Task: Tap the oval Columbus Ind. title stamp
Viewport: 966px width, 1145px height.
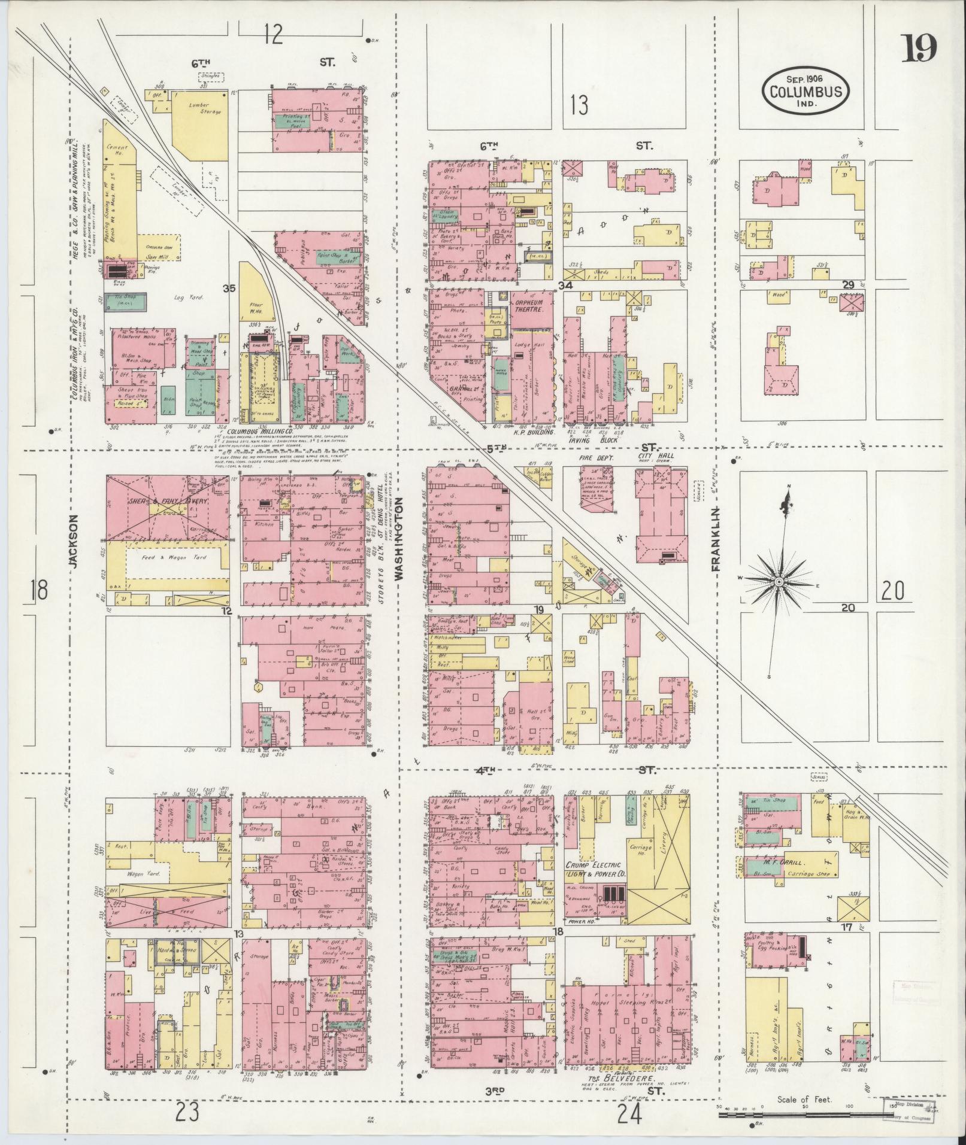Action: tap(805, 92)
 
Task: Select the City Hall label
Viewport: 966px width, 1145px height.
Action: tap(656, 456)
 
